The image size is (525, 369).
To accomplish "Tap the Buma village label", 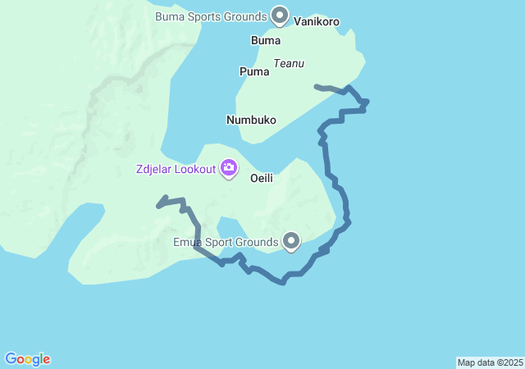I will coord(266,40).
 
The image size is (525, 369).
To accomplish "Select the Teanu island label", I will coord(289,62).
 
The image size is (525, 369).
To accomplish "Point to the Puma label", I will coord(254,71).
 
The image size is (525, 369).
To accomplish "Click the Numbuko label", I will coord(251,120).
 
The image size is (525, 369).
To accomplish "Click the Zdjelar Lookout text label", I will coord(176,170).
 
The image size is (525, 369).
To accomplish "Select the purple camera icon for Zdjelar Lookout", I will coord(229,169).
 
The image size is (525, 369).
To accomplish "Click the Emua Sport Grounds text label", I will coord(226,242).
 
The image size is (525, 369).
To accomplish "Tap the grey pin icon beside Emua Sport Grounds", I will coord(291,241).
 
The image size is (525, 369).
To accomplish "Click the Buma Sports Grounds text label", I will coord(211,16).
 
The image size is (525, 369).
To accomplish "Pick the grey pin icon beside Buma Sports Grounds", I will coord(280,15).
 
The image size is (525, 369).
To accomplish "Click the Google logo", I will coord(27,359).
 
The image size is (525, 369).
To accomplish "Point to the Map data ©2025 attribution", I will coord(490,362).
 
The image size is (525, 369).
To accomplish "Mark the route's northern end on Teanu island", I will coord(317,85).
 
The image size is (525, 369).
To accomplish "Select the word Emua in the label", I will coord(188,242).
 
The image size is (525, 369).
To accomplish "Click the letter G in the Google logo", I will coord(11,359).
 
